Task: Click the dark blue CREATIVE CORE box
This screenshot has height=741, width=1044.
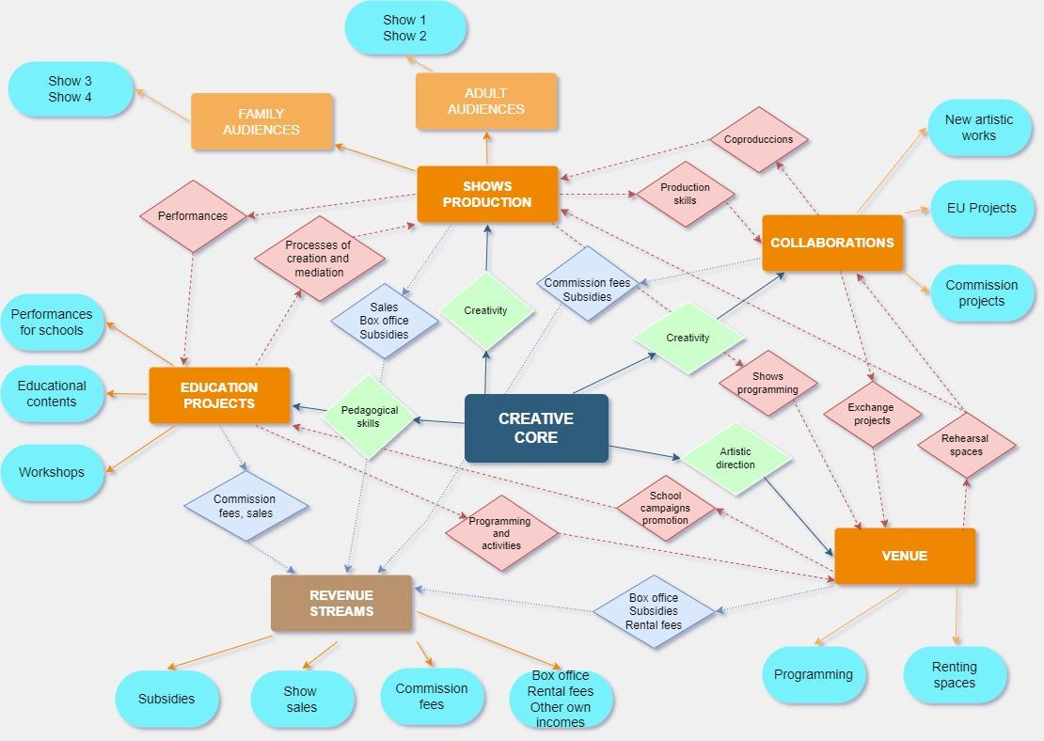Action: [x=536, y=428]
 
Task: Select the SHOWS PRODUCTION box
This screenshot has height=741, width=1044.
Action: [x=487, y=194]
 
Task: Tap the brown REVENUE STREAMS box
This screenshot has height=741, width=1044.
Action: [x=341, y=603]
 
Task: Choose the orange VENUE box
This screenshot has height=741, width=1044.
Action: [x=905, y=556]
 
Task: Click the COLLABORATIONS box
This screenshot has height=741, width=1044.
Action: [x=832, y=243]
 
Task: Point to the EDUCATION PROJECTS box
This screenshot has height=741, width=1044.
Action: [x=219, y=396]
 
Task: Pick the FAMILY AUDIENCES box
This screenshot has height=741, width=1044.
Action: [x=261, y=121]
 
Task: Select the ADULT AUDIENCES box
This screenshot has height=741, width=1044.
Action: [x=486, y=102]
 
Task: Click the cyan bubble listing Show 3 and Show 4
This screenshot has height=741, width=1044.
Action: [x=71, y=89]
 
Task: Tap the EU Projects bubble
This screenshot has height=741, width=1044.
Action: [x=981, y=209]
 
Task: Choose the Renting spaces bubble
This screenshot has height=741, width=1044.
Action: [x=955, y=674]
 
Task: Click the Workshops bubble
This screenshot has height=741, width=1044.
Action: [x=52, y=473]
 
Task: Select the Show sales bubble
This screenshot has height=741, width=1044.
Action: [x=302, y=699]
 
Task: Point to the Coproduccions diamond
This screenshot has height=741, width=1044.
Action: [x=758, y=140]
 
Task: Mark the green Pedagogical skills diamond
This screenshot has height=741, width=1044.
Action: [x=368, y=417]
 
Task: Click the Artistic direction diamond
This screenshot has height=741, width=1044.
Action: [x=736, y=458]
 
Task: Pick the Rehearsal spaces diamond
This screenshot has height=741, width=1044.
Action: [x=966, y=445]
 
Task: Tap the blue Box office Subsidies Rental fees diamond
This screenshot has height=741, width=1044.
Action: [x=654, y=611]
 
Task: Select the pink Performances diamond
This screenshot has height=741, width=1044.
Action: [x=193, y=215]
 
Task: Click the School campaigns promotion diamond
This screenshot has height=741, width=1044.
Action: [x=666, y=508]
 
